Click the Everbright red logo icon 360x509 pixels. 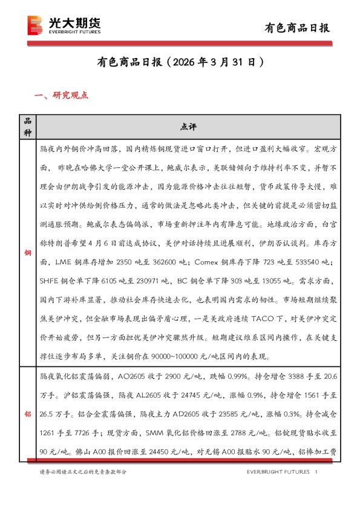(x=36, y=24)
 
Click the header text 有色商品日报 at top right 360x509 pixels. (x=298, y=28)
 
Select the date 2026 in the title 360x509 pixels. (x=184, y=62)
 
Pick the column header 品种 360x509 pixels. (x=26, y=126)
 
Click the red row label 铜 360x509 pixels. (x=26, y=252)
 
